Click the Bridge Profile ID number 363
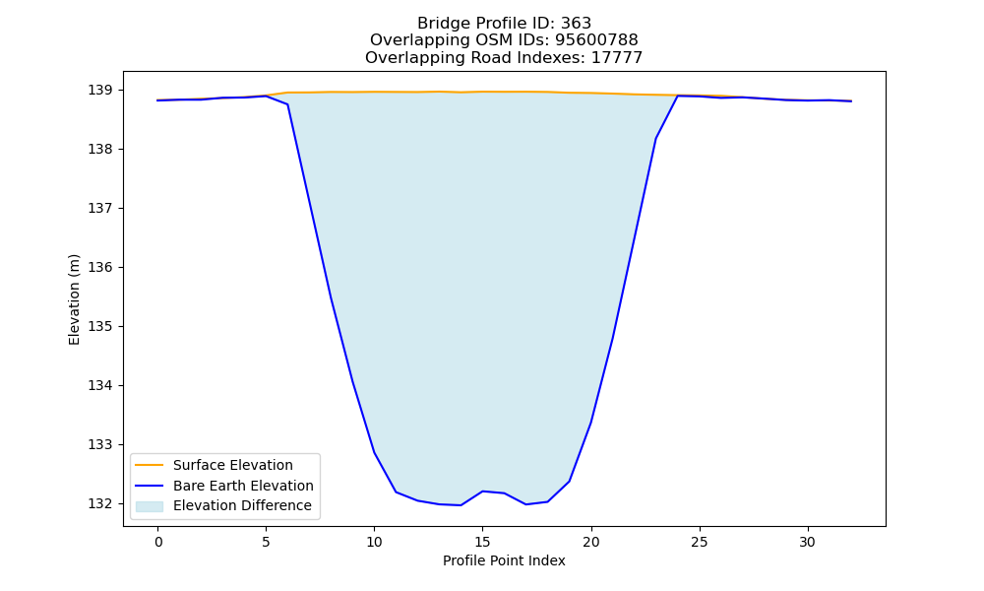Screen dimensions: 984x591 576,24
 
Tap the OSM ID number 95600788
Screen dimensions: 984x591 596,40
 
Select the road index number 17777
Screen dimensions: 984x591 617,58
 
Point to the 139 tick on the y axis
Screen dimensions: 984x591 99,91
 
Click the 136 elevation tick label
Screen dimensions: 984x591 99,268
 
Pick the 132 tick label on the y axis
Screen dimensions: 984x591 99,503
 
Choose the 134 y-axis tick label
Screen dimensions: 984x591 99,385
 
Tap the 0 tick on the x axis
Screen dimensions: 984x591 158,542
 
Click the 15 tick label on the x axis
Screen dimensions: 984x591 482,542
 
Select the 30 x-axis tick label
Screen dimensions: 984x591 808,542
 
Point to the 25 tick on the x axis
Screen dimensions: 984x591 699,542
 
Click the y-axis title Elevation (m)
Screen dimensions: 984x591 74,299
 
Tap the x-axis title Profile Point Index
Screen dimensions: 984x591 504,560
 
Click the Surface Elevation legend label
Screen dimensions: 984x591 233,465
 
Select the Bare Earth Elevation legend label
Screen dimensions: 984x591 243,486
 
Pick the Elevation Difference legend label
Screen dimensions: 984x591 242,505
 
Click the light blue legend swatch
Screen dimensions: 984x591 150,506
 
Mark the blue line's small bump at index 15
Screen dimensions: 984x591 482,492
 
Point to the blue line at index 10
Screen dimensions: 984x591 374,452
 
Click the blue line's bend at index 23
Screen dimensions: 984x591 655,138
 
